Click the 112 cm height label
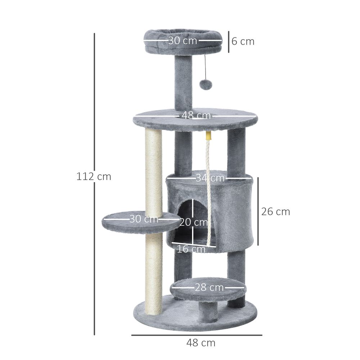click(x=94, y=177)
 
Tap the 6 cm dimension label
click(x=243, y=41)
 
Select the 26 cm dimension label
click(x=275, y=212)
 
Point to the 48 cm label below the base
click(x=201, y=343)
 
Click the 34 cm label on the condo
click(x=210, y=178)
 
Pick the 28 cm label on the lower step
click(x=209, y=288)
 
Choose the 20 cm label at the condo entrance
click(x=193, y=222)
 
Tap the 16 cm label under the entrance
click(x=191, y=249)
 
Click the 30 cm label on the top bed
click(x=183, y=40)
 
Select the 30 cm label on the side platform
click(x=144, y=219)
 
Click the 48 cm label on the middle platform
click(x=196, y=116)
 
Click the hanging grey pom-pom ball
click(x=206, y=84)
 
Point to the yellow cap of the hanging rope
click(x=208, y=136)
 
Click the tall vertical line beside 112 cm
click(x=94, y=108)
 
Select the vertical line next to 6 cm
click(x=228, y=41)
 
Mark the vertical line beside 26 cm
click(x=258, y=211)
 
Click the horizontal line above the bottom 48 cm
click(x=197, y=335)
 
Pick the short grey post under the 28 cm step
click(x=209, y=311)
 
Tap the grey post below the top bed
click(x=183, y=83)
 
